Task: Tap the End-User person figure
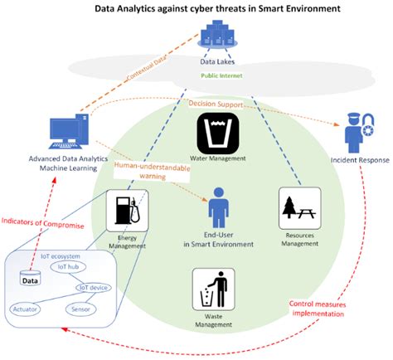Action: point(217,205)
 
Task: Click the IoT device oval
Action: point(93,288)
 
